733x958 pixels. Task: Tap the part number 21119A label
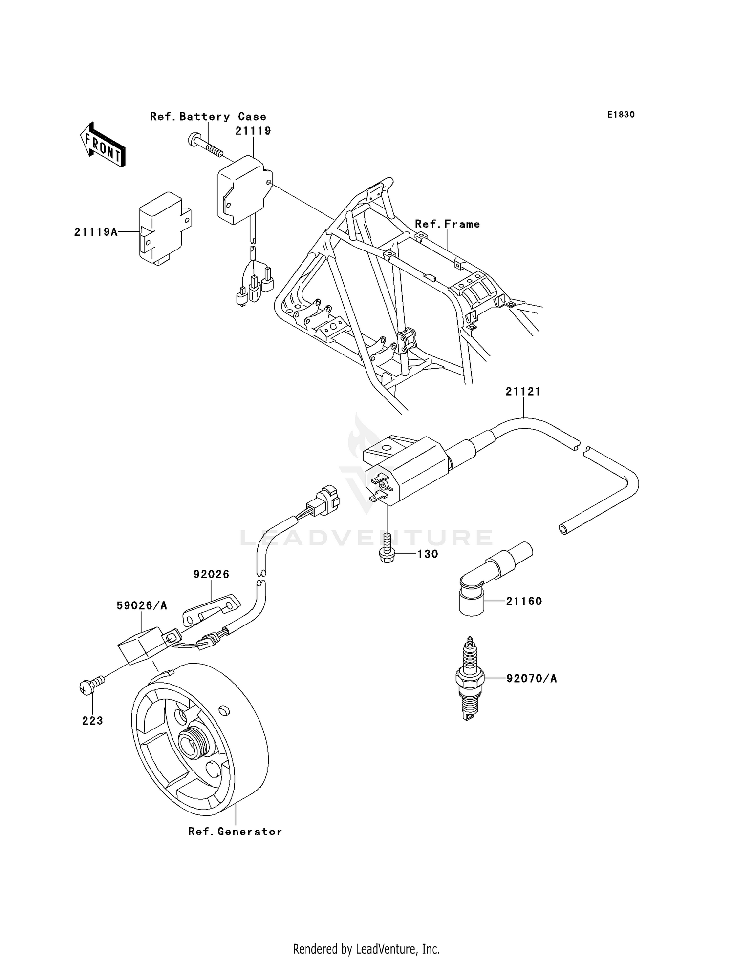coord(96,232)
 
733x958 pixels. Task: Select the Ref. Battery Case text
coord(208,117)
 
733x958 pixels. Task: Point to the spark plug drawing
coord(470,679)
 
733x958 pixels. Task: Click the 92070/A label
coord(531,679)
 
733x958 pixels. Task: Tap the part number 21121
coord(523,392)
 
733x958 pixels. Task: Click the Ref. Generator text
coord(235,832)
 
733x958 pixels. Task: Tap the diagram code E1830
coord(621,115)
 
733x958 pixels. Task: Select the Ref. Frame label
coord(447,224)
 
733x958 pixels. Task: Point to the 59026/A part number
coord(142,606)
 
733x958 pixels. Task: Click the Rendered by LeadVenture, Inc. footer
coord(366,949)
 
